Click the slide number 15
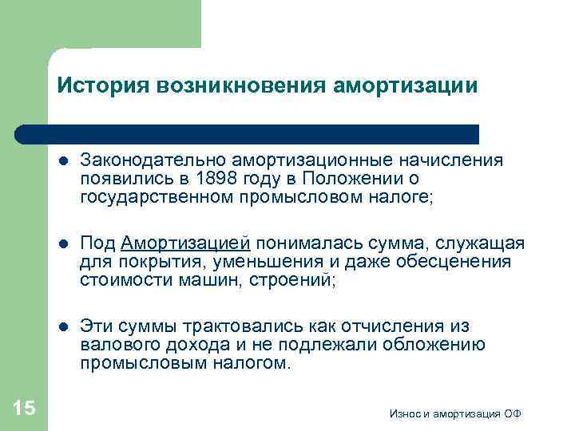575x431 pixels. (x=25, y=409)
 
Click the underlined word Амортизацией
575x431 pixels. (x=186, y=243)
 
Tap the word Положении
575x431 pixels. (x=360, y=178)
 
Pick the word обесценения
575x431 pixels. (x=458, y=262)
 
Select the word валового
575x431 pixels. (x=119, y=345)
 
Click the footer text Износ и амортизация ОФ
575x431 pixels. (x=456, y=413)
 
